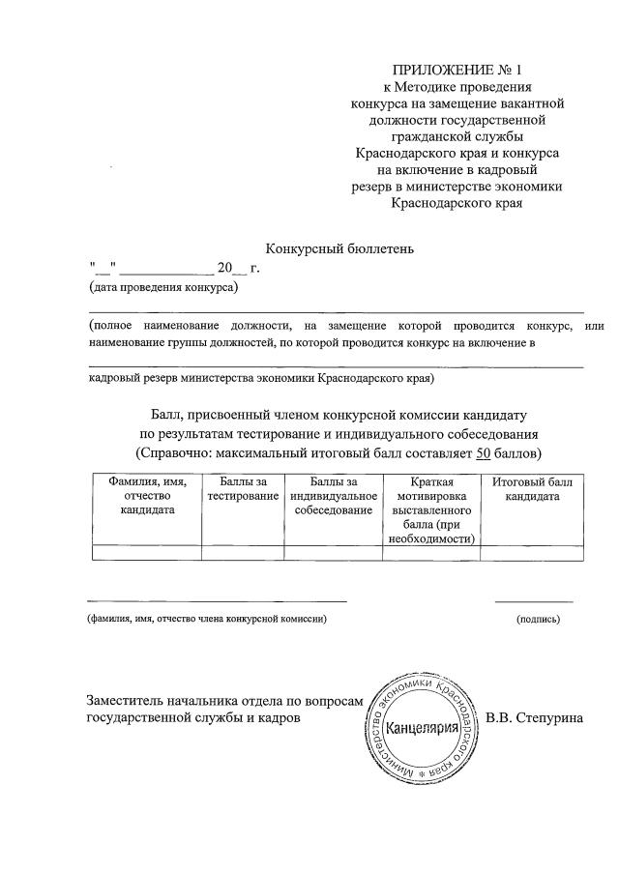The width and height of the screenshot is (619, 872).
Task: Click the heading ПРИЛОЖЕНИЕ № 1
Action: (457, 70)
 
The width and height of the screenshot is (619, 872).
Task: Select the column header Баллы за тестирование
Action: (242, 488)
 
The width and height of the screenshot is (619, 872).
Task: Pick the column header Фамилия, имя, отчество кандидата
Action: (146, 495)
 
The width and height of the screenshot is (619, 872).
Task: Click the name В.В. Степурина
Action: (535, 718)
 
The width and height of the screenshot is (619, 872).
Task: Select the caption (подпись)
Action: (538, 619)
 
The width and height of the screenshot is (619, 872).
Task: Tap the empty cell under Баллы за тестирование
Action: (242, 553)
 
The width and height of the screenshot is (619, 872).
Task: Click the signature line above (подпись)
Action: (534, 601)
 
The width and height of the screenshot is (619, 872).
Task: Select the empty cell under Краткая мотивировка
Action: (431, 553)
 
